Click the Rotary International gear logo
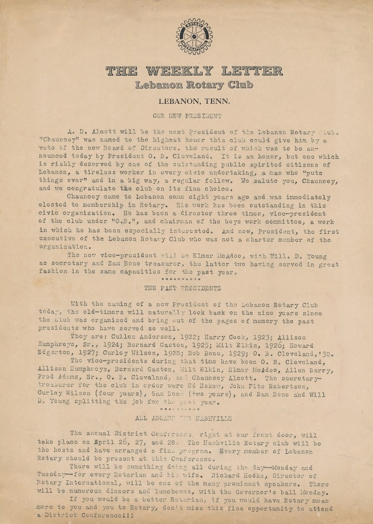coord(194,36)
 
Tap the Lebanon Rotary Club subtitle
coord(194,85)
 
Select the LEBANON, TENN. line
coord(194,101)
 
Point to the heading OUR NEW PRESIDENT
coord(187,115)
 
